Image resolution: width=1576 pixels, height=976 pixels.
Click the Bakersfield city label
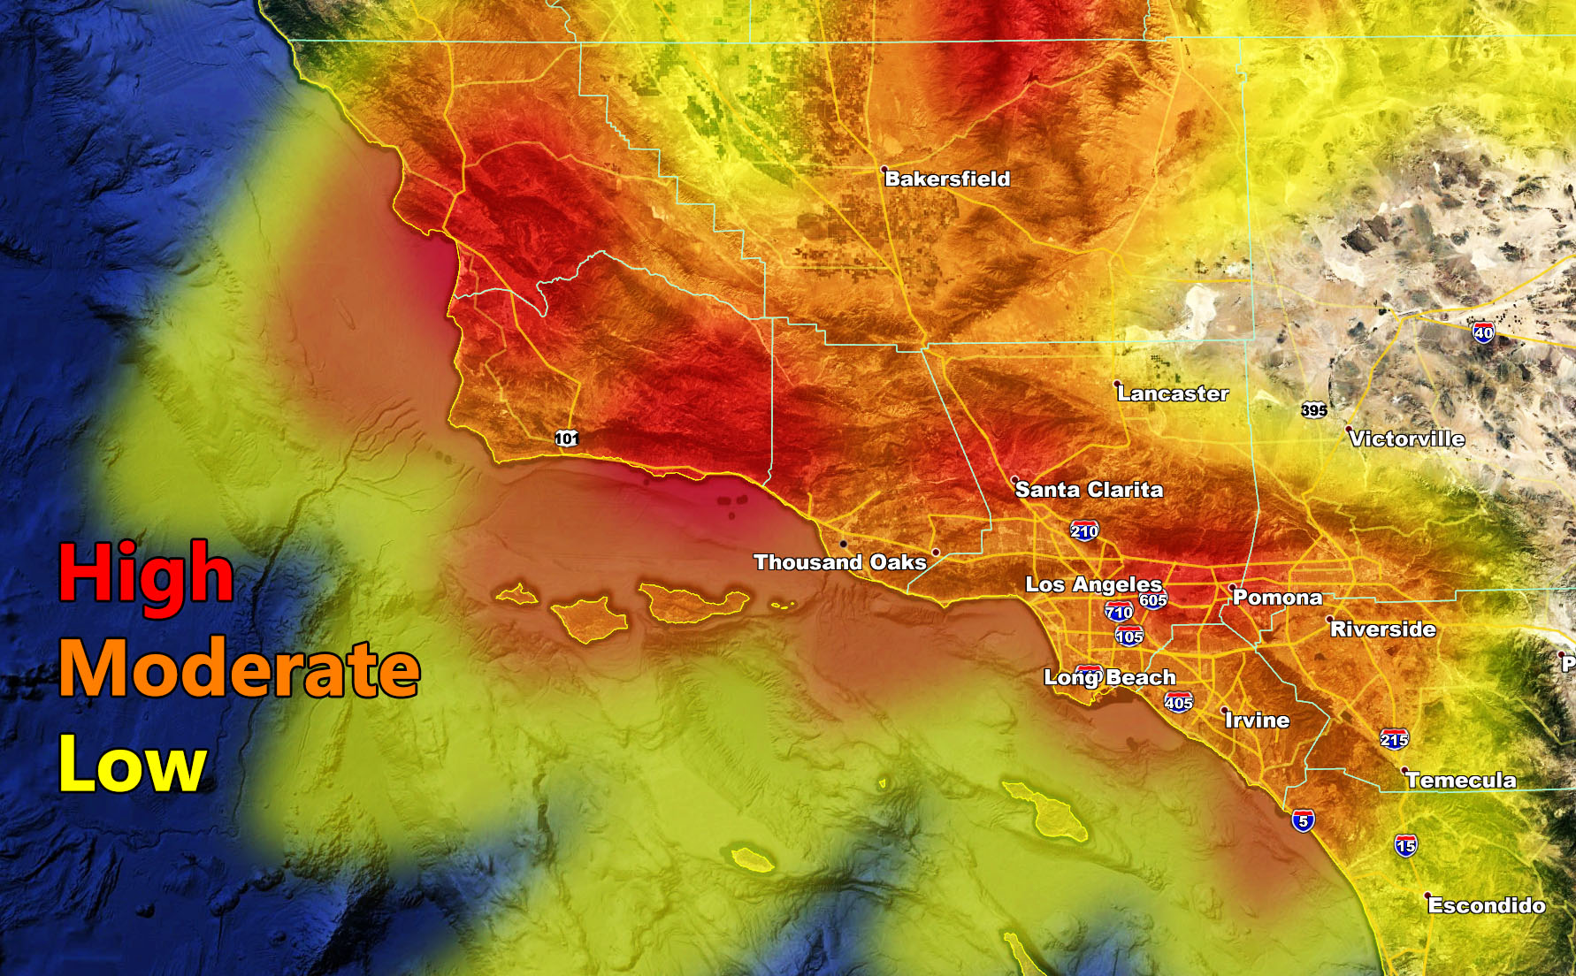(947, 179)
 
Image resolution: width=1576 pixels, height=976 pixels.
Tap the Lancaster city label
(1173, 393)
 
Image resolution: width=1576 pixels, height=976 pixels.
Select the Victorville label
(1407, 438)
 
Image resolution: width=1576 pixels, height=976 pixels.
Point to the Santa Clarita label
(1089, 490)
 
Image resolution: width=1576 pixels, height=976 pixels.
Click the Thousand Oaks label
(839, 562)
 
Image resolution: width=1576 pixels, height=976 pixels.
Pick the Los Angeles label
(1093, 584)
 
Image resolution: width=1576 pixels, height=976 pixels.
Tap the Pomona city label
(1277, 598)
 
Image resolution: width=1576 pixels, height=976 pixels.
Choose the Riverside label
(1382, 629)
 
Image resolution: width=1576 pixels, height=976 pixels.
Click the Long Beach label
(1110, 678)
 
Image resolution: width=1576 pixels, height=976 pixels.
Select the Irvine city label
(1257, 721)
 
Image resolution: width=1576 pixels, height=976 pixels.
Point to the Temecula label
(1461, 780)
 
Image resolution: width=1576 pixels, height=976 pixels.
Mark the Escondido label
(1487, 905)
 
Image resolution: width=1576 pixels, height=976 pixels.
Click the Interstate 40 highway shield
(1483, 332)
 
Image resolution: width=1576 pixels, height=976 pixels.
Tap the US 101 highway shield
(567, 438)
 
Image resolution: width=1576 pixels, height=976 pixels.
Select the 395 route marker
(1314, 410)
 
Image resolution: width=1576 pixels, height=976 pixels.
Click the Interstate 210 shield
(1084, 530)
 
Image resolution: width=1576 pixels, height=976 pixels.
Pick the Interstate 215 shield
(1394, 739)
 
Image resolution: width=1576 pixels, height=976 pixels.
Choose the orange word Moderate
(239, 670)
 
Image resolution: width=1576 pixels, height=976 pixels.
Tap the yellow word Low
(133, 766)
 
